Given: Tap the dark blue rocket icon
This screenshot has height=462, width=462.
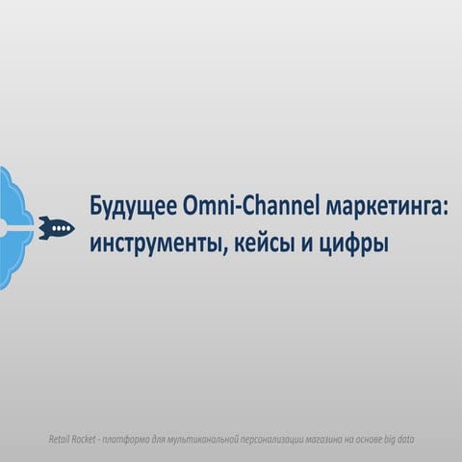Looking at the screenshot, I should [57, 228].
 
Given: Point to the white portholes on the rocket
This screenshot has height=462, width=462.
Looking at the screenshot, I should [61, 228].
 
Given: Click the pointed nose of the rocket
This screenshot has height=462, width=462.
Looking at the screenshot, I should [72, 228].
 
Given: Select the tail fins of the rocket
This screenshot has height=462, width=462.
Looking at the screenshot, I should [43, 228].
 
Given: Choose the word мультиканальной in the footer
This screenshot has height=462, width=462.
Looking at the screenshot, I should [207, 439].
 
